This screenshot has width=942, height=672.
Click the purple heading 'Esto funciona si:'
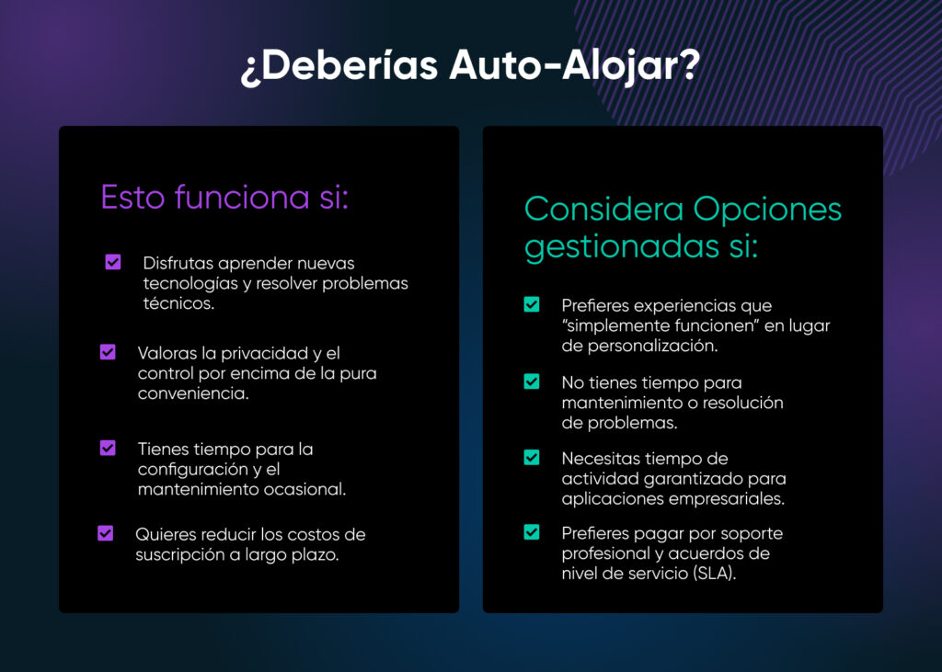[x=224, y=197]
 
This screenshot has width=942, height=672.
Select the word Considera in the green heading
[x=603, y=209]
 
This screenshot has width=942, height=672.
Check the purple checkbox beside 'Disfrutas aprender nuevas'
[x=113, y=263]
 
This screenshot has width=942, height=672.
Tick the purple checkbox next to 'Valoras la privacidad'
[x=108, y=352]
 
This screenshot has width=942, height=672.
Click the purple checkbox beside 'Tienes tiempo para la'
[x=108, y=448]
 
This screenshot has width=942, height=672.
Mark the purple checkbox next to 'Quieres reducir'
[x=106, y=533]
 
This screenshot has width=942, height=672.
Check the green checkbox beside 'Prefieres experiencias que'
[x=532, y=304]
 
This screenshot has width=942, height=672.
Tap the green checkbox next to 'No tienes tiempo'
[x=532, y=382]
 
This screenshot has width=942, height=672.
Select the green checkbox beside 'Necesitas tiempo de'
[x=532, y=457]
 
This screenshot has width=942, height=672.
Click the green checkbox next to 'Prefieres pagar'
[x=532, y=532]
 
